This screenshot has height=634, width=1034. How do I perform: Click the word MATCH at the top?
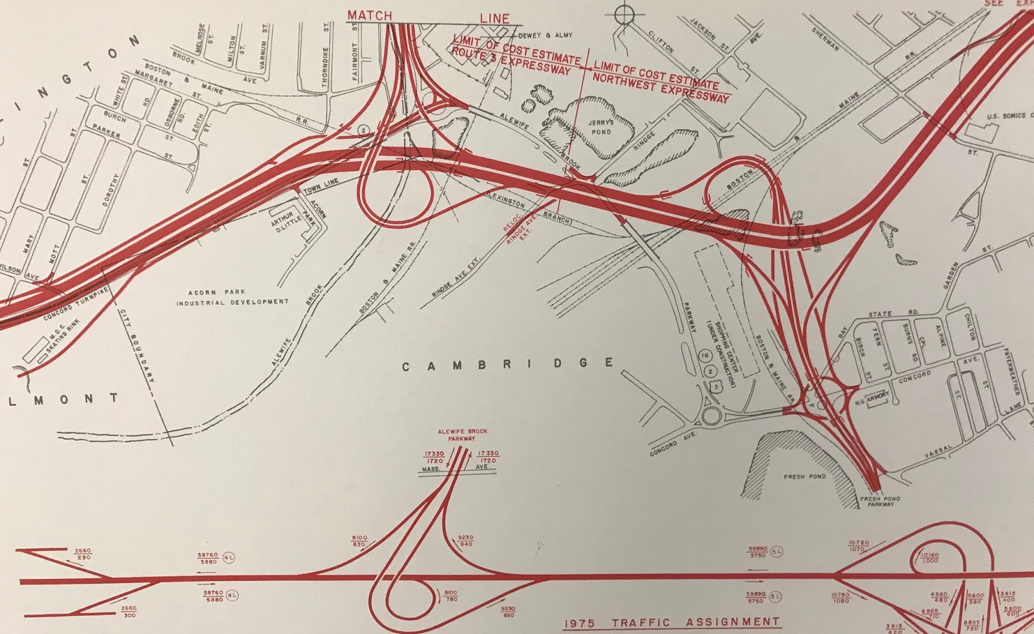click(x=370, y=15)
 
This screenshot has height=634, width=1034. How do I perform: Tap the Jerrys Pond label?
click(x=601, y=127)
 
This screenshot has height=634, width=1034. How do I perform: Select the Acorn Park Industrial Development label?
click(x=232, y=297)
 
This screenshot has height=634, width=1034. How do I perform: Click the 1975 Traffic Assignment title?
click(x=672, y=622)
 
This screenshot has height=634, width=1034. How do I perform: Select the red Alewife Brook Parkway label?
click(x=462, y=434)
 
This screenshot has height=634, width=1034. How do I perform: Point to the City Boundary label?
click(x=136, y=345)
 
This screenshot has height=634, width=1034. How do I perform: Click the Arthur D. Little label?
click(x=283, y=222)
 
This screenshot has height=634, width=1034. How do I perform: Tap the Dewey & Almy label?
click(x=545, y=36)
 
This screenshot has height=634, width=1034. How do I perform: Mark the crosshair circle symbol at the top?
click(x=624, y=14)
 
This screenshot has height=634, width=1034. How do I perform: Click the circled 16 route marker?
click(x=705, y=356)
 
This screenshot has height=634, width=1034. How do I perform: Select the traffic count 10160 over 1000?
click(x=929, y=558)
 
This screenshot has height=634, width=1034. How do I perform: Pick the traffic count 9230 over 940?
click(x=465, y=541)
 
